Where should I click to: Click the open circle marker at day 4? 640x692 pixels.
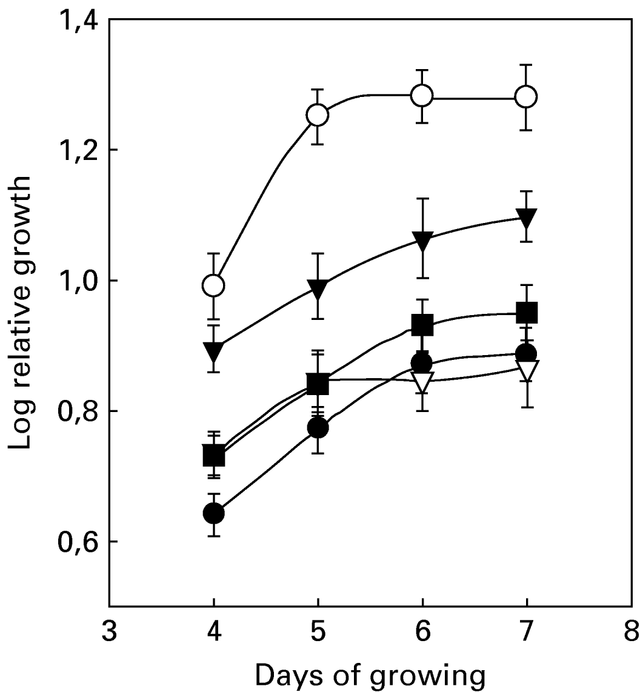point(213,285)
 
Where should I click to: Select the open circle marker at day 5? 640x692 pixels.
point(318,115)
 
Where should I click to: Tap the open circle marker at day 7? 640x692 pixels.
point(526,96)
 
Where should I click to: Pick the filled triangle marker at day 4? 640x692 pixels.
point(213,351)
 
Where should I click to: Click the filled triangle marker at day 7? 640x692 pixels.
point(526,217)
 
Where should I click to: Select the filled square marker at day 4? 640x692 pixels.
point(213,455)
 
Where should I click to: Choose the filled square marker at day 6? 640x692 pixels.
point(422,325)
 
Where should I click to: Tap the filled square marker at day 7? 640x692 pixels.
point(526,313)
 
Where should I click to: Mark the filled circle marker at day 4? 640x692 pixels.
point(213,513)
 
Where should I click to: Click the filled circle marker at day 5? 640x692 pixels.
point(318,428)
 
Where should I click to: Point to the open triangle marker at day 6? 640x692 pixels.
point(422,382)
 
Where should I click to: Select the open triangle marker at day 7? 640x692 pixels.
point(526,370)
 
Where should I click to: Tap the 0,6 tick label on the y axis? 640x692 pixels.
point(76,541)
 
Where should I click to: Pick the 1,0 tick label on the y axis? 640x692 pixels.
point(76,281)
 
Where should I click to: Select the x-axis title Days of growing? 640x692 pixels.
point(370,674)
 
